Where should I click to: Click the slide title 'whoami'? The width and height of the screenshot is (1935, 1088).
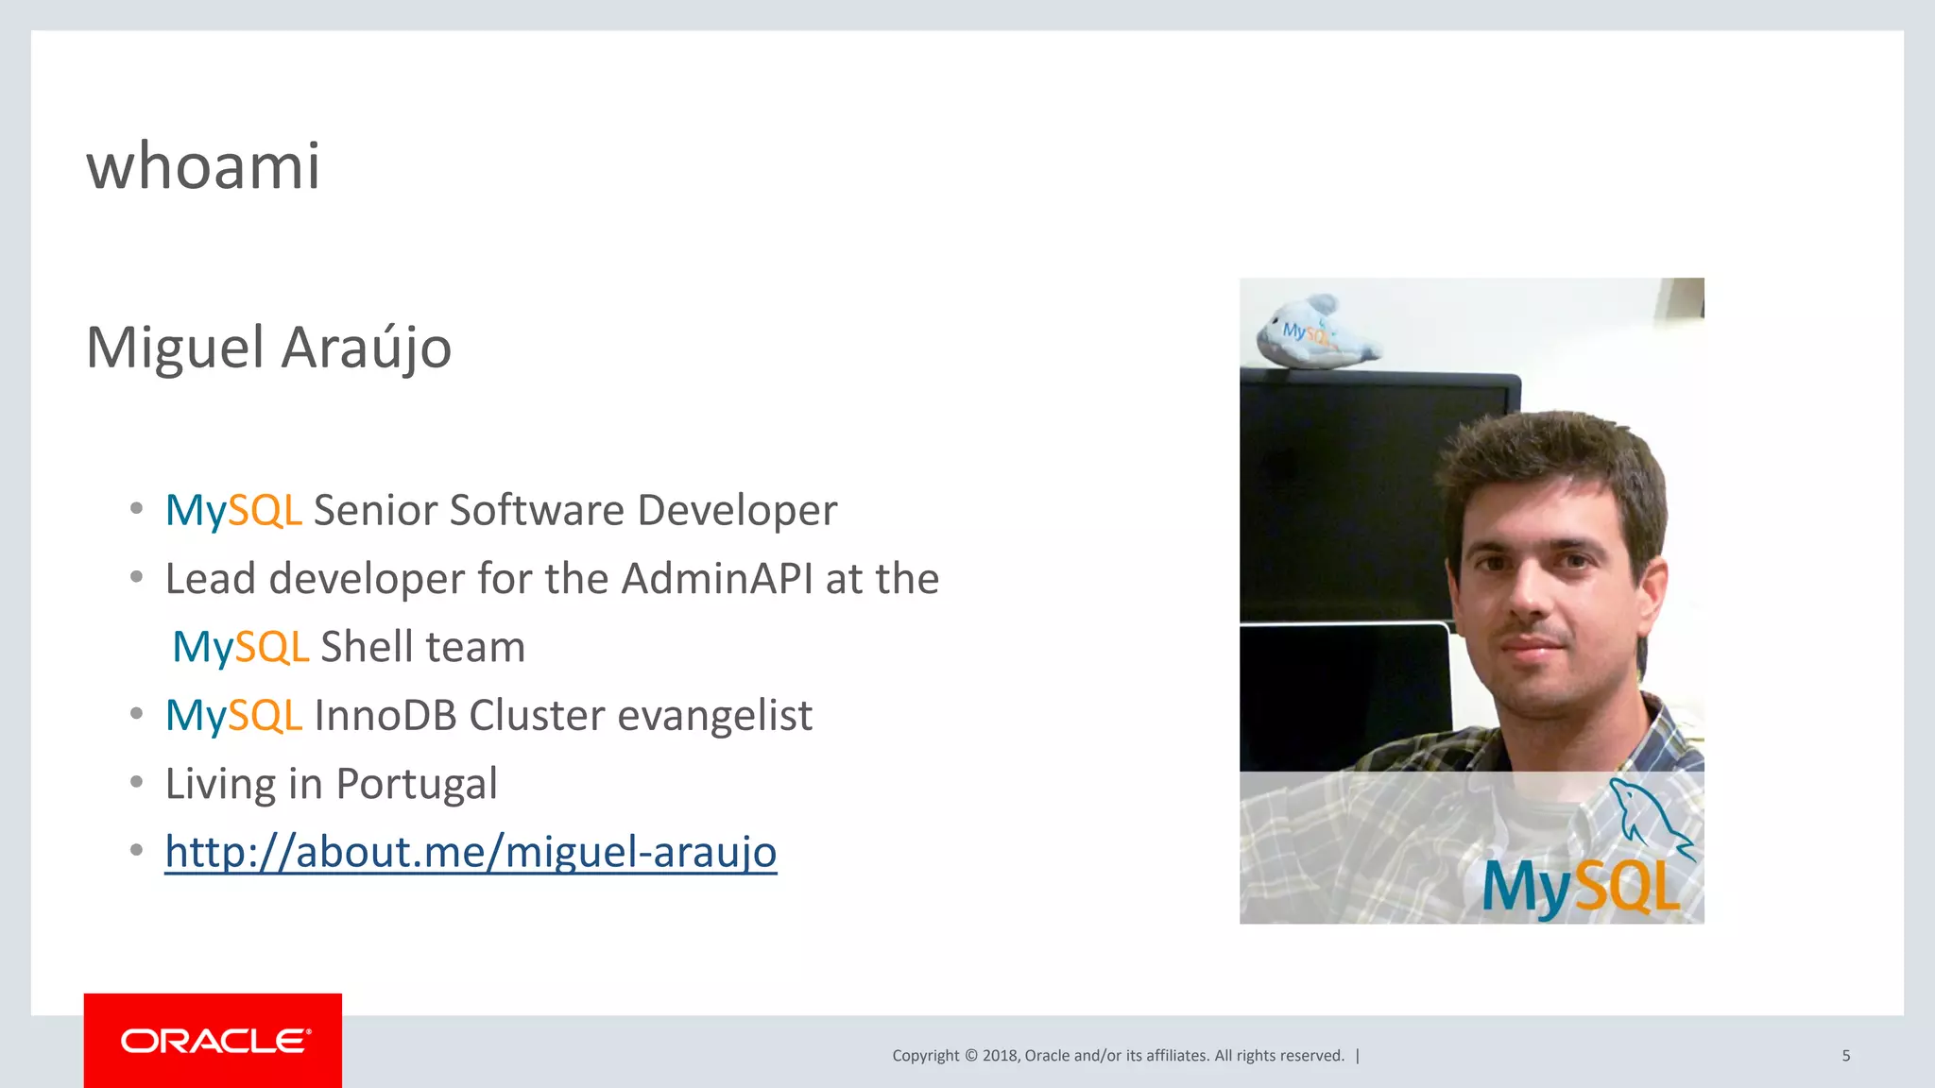[203, 166]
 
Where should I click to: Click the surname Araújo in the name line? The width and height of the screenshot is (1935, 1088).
[367, 348]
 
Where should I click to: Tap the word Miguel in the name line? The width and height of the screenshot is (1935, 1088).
[175, 348]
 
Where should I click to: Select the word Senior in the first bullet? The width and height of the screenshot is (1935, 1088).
[375, 510]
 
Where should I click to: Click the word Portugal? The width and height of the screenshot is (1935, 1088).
[417, 784]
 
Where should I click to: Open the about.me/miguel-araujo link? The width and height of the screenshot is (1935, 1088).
[471, 852]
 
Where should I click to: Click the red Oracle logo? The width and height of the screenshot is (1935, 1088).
[213, 1040]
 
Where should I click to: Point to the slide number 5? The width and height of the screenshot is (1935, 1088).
[1845, 1056]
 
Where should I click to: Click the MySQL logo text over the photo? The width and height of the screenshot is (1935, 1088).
[1581, 888]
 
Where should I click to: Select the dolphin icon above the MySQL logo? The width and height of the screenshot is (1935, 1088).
[1649, 814]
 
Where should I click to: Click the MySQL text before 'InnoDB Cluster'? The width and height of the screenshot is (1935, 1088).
[233, 715]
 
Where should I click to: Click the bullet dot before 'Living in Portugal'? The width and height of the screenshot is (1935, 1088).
[137, 783]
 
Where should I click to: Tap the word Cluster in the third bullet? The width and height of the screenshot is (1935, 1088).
[536, 715]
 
